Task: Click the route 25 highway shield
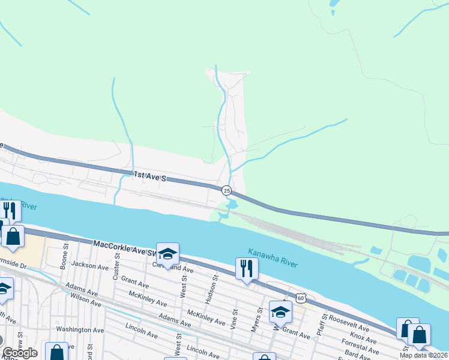tap(226, 190)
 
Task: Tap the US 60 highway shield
tap(300, 297)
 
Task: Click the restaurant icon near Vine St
tap(246, 268)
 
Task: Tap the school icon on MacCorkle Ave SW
tap(168, 253)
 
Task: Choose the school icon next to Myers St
tap(280, 311)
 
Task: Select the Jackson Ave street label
tap(89, 265)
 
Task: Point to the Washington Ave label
tap(80, 329)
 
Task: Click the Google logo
tap(20, 353)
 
